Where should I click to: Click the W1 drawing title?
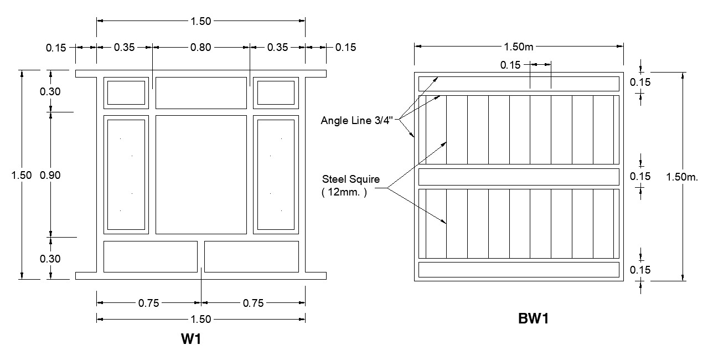[190, 339]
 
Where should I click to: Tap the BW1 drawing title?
[533, 318]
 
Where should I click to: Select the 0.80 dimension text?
[200, 48]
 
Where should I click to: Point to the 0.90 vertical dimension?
[50, 175]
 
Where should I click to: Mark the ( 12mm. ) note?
[344, 193]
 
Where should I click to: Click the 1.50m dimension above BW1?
[519, 47]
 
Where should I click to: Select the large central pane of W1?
[201, 174]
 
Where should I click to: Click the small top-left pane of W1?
[126, 92]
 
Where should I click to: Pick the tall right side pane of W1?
[276, 174]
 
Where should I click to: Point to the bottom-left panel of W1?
[150, 256]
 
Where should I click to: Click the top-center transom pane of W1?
[201, 92]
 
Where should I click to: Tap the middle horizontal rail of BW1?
[518, 177]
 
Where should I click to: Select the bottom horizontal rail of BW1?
[518, 270]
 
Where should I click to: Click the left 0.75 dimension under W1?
[148, 303]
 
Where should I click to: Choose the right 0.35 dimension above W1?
[277, 48]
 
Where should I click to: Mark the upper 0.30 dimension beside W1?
[50, 92]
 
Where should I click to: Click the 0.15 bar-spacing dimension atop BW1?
[510, 65]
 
